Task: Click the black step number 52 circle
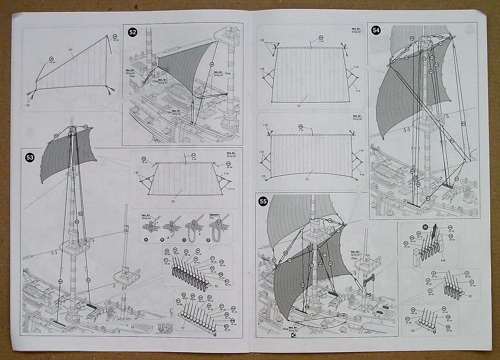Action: (132, 32)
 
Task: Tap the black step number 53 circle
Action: (30, 157)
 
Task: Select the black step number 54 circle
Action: (376, 30)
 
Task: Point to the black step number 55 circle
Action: (263, 201)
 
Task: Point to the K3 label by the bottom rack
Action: (413, 331)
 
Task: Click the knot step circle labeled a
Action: (146, 240)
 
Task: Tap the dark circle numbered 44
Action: (425, 227)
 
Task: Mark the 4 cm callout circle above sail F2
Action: (321, 38)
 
